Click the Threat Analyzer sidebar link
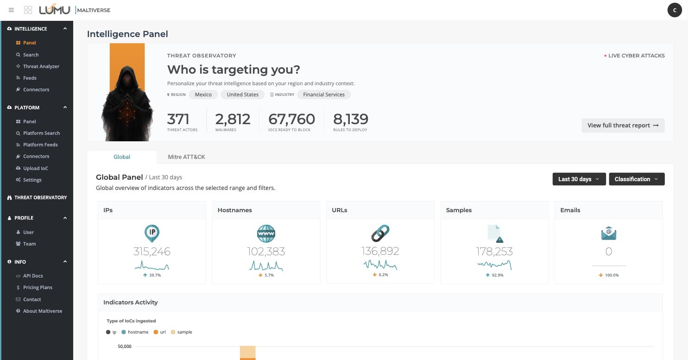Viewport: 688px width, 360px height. coord(41,66)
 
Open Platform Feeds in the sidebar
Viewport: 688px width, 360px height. coord(40,145)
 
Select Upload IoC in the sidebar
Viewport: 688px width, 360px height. coord(36,168)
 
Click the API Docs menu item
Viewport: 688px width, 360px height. coord(33,276)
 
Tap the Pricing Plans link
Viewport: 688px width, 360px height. coord(38,288)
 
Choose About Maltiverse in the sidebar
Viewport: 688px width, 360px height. coord(42,311)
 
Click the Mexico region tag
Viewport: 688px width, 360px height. coord(203,95)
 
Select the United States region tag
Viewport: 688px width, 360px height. coord(243,95)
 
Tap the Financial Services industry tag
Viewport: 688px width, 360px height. coord(324,95)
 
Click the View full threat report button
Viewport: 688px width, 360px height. coord(623,125)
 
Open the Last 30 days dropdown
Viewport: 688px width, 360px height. coord(579,179)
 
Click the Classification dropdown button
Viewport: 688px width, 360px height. coord(637,179)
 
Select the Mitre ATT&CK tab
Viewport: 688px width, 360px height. coord(186,157)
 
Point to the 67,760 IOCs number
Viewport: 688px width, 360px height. coord(291,119)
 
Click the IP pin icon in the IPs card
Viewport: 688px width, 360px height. coord(151,233)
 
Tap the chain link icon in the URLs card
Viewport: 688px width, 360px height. coord(380,233)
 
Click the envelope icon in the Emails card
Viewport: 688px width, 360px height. coord(608,233)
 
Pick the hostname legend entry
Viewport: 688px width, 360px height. coord(135,332)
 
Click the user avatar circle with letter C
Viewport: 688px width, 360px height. coord(675,10)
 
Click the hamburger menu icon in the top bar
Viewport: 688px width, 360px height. coord(12,10)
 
